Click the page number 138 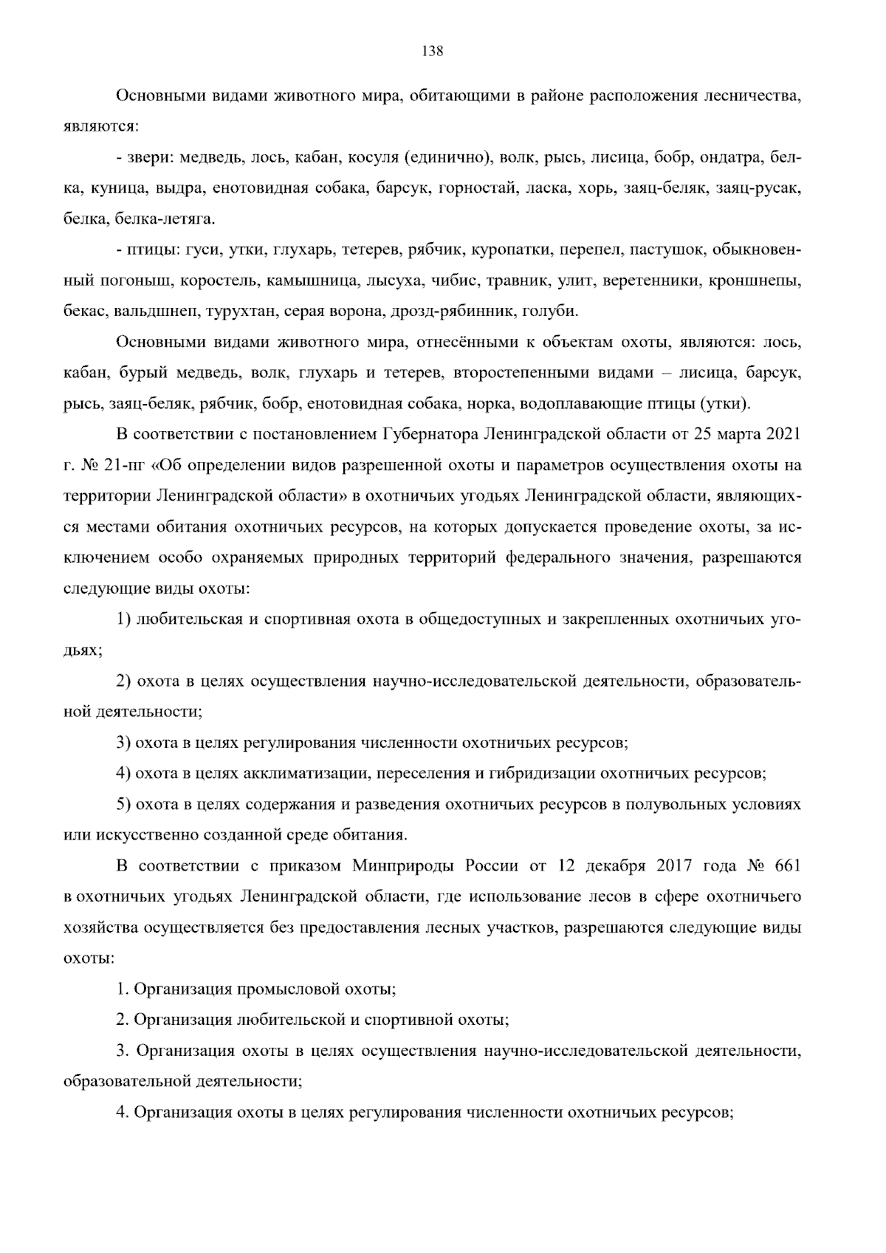432,51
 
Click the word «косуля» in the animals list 379,157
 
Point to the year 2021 783,434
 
